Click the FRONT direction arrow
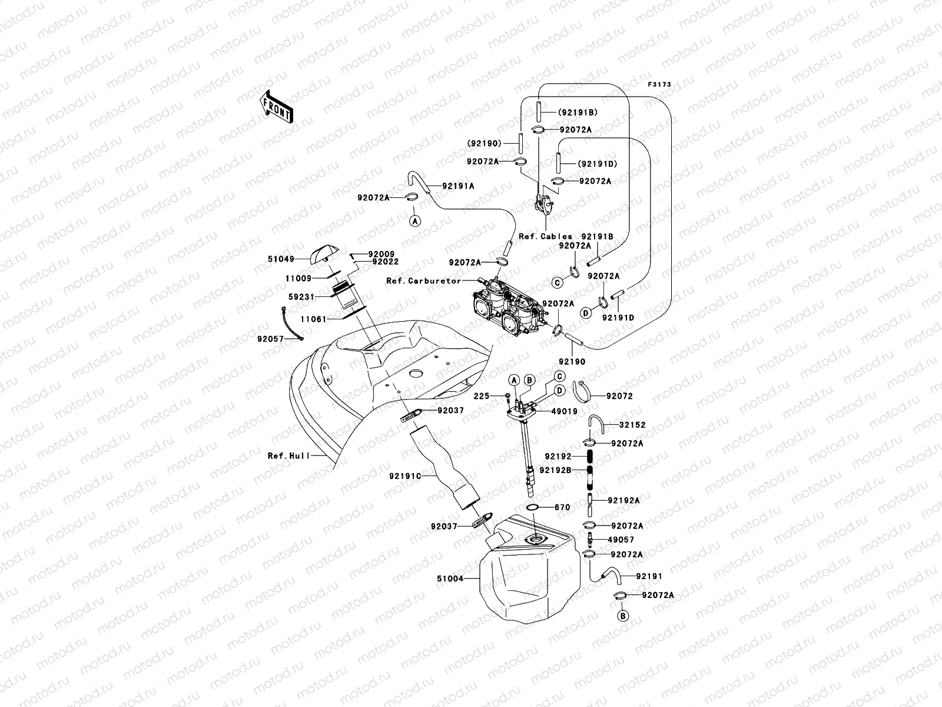pos(277,106)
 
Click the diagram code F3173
pos(659,85)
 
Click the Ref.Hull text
pos(288,455)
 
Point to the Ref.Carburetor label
pos(423,281)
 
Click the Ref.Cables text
pos(545,236)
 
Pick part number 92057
pos(270,339)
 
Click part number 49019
pos(564,412)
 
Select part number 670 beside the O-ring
pos(562,507)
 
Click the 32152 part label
pos(632,425)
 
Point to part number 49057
pos(621,540)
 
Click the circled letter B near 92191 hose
pos(623,616)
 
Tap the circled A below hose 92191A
pos(415,221)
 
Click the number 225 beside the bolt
pos(481,397)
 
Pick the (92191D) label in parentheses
pos(596,164)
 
